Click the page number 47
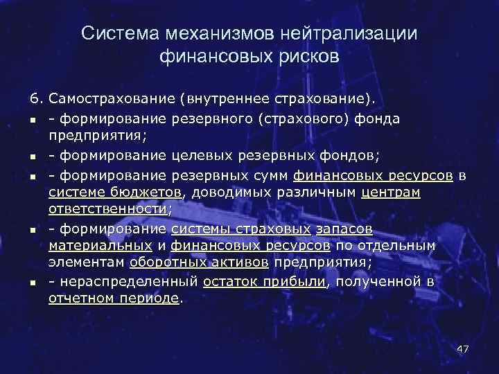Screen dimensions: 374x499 [463, 348]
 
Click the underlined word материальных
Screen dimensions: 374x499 [100, 245]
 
